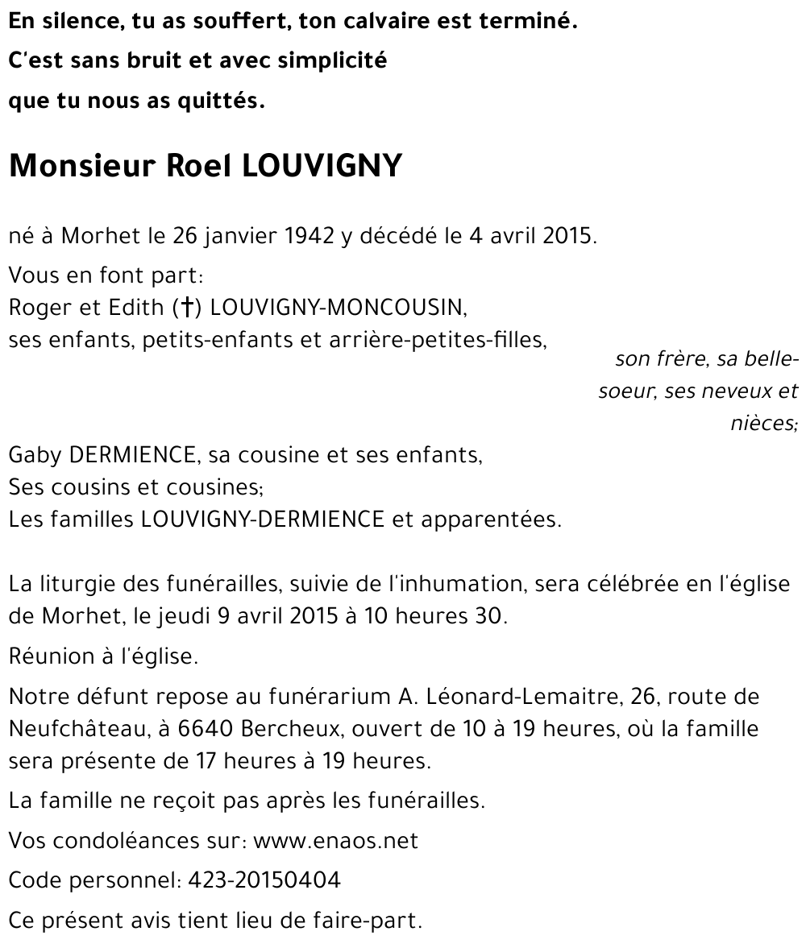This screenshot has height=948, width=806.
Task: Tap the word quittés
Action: click(x=224, y=102)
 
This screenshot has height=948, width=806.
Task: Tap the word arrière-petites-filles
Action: click(x=438, y=340)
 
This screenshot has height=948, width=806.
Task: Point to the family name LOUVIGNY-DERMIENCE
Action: click(x=263, y=520)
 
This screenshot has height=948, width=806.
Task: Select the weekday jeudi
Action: click(x=187, y=617)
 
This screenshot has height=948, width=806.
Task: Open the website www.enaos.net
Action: click(x=335, y=841)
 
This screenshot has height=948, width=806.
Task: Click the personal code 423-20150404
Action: click(x=264, y=880)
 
